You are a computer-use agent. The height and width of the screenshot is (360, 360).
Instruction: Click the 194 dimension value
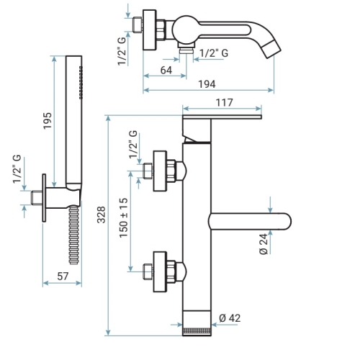(x=207, y=84)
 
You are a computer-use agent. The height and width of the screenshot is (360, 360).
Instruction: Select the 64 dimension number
(x=166, y=71)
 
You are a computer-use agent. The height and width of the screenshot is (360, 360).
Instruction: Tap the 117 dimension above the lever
(x=225, y=103)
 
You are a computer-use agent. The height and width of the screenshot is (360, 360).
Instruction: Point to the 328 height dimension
(x=102, y=215)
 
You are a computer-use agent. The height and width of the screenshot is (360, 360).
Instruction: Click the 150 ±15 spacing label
(x=124, y=218)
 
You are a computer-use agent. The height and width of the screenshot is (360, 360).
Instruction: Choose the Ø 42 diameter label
(x=230, y=318)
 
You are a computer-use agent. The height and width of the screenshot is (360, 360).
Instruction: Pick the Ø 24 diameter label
(x=264, y=244)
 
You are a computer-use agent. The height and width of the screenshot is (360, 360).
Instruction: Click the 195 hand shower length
(x=48, y=121)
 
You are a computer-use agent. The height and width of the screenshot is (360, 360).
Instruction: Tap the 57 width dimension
(x=63, y=276)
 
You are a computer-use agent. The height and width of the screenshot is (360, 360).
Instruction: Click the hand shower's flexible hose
(x=74, y=235)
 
